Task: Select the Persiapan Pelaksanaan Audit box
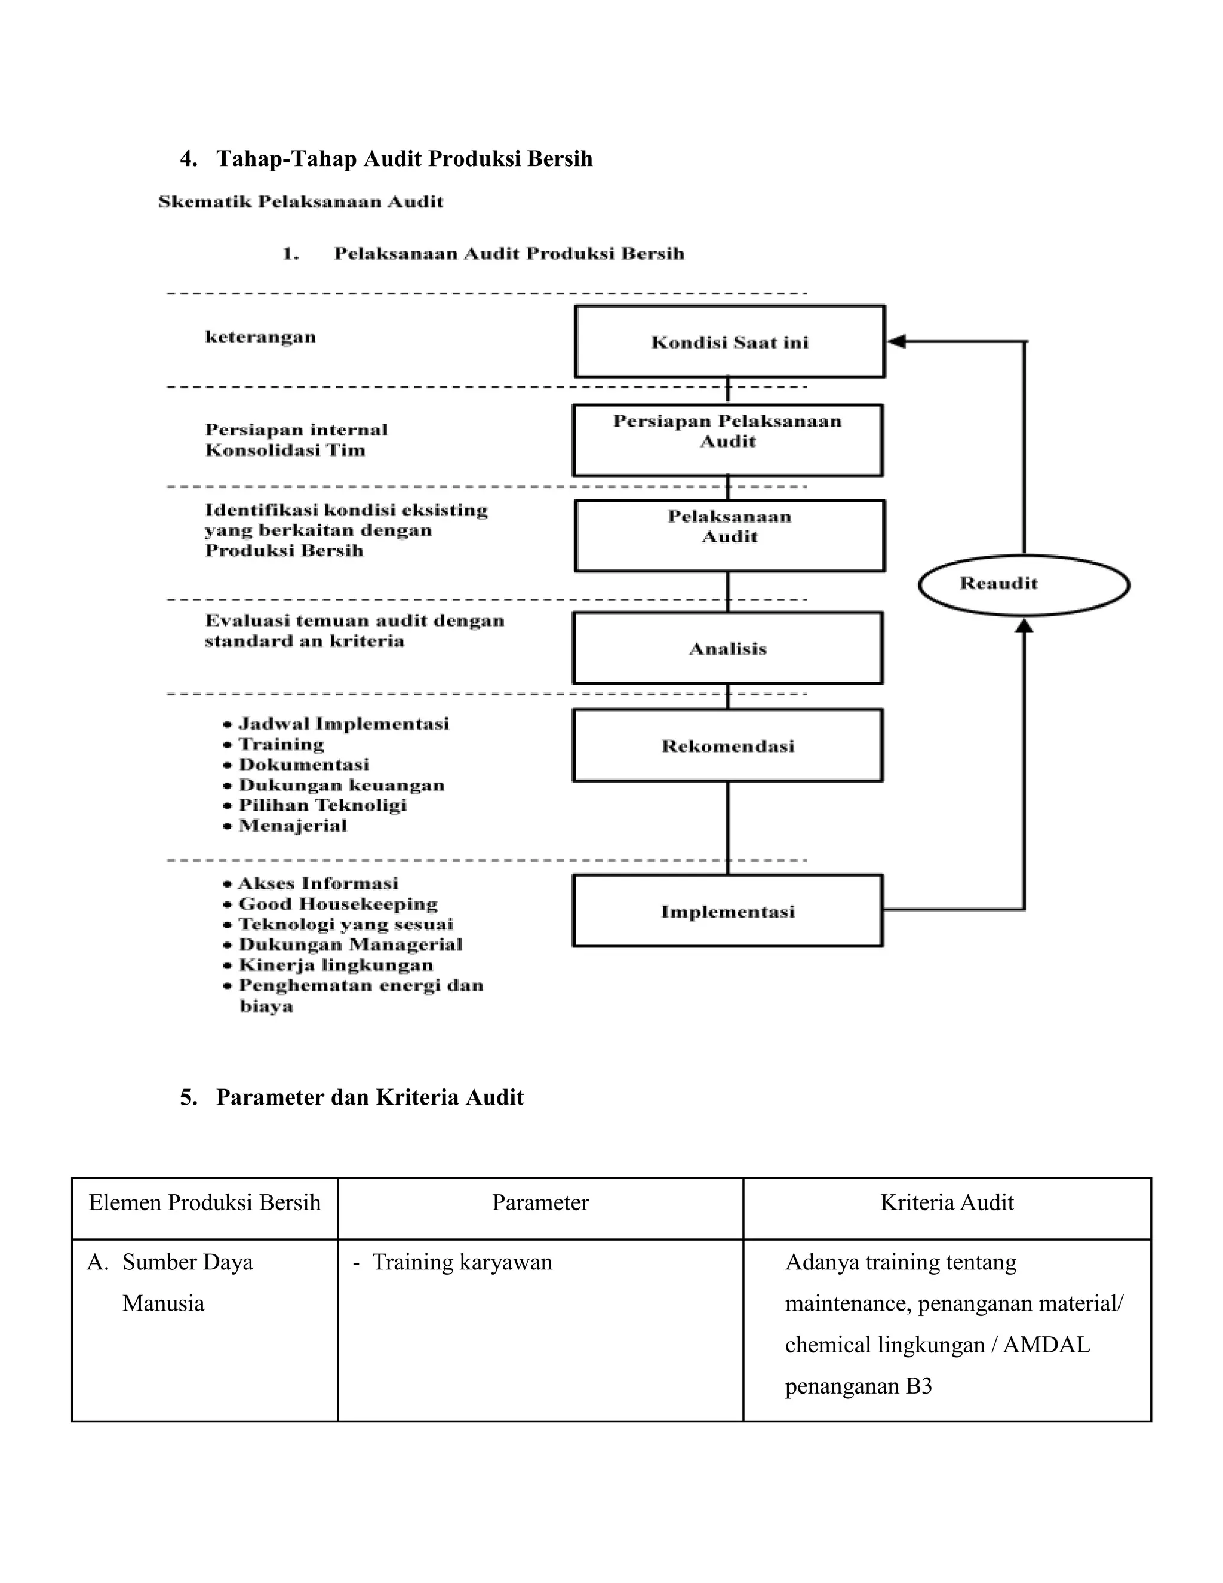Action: [x=727, y=440]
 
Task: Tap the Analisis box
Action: [x=727, y=648]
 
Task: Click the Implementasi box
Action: [x=727, y=911]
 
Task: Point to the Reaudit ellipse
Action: [x=1023, y=584]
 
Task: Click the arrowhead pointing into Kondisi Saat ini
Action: [x=896, y=341]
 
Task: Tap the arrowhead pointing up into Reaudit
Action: [x=1023, y=625]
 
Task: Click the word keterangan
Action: [x=260, y=337]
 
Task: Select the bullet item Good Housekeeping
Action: [x=337, y=904]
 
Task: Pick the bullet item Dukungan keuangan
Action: [x=341, y=785]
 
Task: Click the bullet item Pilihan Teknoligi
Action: [x=322, y=805]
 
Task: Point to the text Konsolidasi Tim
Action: [x=285, y=451]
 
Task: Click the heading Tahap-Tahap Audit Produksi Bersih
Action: [x=404, y=159]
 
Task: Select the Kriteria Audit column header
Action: [x=947, y=1202]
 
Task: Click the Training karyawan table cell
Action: [x=462, y=1262]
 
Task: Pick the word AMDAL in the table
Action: [x=1046, y=1345]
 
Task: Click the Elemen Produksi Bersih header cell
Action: [x=204, y=1202]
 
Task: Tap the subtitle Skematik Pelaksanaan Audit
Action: [x=300, y=201]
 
